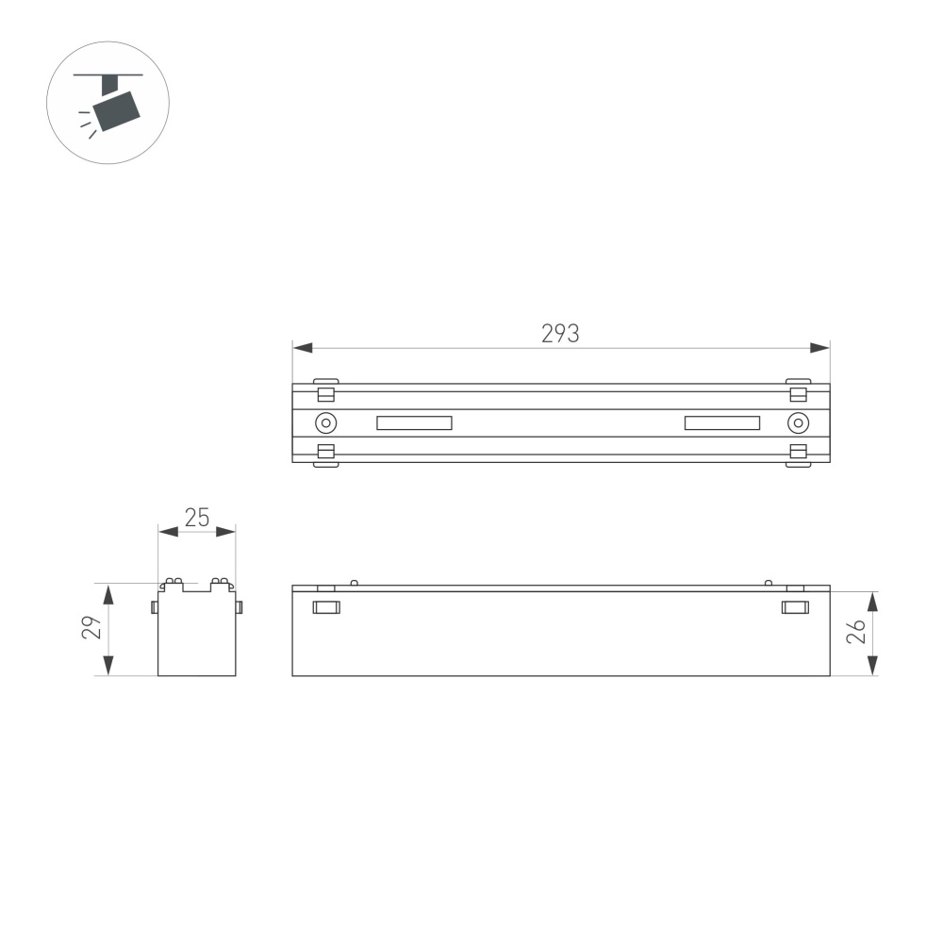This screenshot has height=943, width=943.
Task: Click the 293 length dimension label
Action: (x=560, y=333)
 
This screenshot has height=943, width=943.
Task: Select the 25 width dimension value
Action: (x=196, y=516)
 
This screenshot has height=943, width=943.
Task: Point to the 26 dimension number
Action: (x=856, y=631)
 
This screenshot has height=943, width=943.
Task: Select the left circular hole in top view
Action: (x=325, y=422)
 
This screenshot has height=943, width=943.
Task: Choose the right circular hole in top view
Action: (x=797, y=422)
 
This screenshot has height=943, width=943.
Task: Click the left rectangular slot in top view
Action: (x=414, y=422)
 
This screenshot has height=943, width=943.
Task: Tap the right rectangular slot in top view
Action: (x=722, y=422)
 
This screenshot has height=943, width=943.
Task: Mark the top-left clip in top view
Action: (x=325, y=391)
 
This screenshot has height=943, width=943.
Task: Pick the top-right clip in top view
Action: (x=798, y=391)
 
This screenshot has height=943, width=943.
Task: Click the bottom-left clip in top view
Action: (x=325, y=455)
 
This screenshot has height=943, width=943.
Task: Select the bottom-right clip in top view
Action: (x=798, y=455)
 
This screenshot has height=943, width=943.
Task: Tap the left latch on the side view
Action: (x=325, y=606)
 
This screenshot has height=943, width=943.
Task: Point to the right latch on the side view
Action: (x=795, y=606)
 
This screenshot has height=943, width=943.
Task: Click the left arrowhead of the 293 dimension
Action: (x=301, y=348)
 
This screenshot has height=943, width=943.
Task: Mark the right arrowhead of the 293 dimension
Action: (x=821, y=348)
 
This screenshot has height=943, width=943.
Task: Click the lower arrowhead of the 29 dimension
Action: (x=108, y=667)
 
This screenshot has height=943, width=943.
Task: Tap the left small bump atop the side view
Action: (x=354, y=582)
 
